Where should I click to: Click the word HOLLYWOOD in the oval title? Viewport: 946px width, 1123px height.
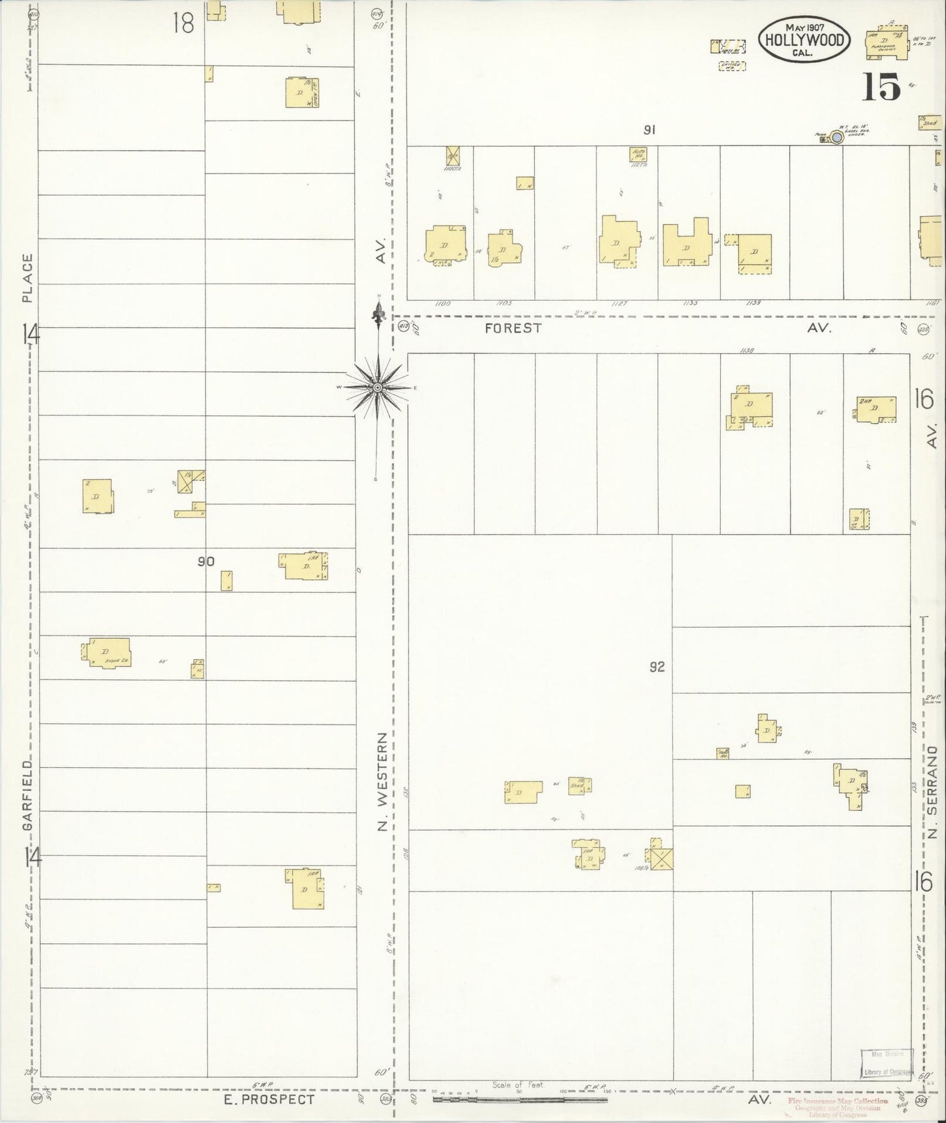(x=805, y=40)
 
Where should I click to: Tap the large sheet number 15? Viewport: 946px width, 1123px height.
(x=881, y=87)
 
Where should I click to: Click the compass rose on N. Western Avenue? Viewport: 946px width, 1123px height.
(x=377, y=388)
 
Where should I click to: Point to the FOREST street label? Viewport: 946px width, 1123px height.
(x=513, y=328)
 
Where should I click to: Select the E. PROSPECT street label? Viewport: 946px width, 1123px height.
(x=269, y=1099)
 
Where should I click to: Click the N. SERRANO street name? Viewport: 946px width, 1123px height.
(x=934, y=792)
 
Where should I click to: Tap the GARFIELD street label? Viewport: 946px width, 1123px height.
(x=27, y=795)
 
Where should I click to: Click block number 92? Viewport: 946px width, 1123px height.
(x=657, y=667)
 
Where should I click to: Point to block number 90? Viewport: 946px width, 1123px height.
(x=206, y=561)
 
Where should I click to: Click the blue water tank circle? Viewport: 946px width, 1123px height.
(x=836, y=138)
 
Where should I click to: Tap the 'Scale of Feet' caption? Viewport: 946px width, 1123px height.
(x=518, y=1085)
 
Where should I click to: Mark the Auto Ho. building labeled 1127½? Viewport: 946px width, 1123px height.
(x=638, y=155)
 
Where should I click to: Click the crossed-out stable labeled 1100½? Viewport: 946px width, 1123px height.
(x=452, y=155)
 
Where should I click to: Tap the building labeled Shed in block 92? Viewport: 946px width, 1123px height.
(x=577, y=785)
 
